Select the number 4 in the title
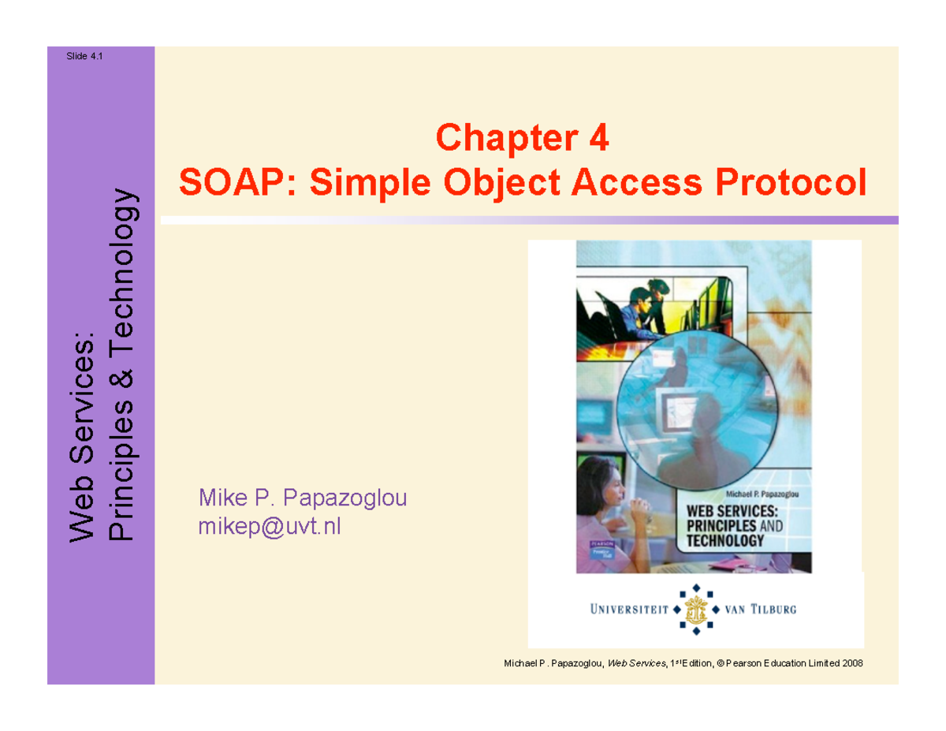(598, 140)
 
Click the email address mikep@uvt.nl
(270, 526)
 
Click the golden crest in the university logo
(694, 610)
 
